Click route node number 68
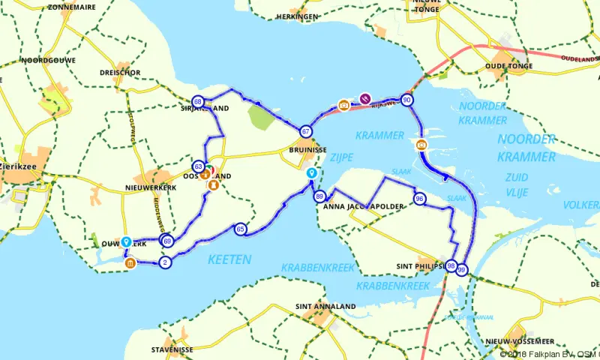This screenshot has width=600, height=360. point(198,101)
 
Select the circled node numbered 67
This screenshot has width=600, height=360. point(306,131)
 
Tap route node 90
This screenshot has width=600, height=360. point(406,100)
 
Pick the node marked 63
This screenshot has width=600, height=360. point(198,166)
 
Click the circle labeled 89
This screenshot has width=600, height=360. point(320,197)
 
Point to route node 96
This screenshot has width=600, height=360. point(419,199)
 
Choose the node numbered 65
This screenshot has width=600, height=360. point(240,229)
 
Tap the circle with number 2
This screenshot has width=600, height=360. point(164,262)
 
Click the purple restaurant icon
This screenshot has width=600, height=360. point(365,97)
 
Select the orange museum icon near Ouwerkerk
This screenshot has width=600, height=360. point(130,263)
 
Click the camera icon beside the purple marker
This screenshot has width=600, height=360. point(343,105)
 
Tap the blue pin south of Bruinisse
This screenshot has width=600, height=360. point(311,173)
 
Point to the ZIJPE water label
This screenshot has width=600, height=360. point(341,157)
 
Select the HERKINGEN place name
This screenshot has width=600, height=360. point(295,16)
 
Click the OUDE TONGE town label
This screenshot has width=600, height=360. point(509,66)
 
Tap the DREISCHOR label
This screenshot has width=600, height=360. point(120,73)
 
